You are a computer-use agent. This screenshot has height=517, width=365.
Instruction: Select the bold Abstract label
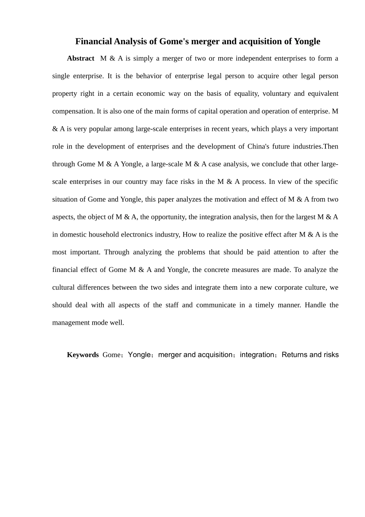80,58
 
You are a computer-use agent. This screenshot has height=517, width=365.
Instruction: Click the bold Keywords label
83,355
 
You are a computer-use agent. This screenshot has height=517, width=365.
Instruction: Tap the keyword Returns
294,355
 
